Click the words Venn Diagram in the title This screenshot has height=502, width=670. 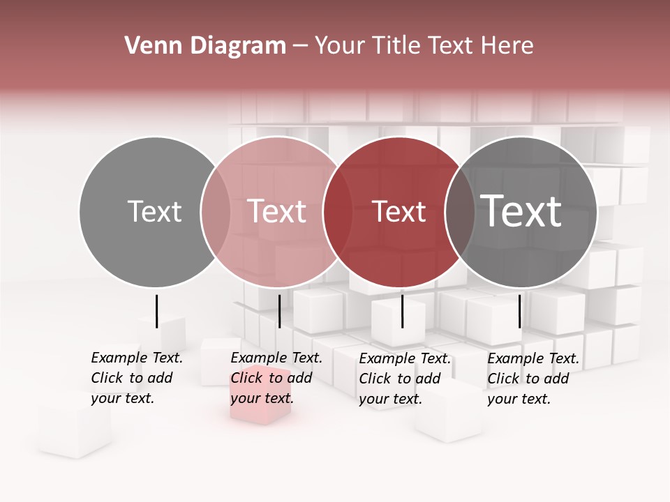[205, 46]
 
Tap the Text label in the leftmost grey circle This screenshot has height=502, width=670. [154, 211]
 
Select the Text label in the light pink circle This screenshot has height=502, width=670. [276, 211]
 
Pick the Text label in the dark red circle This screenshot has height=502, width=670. [399, 211]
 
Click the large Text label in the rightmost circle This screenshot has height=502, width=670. [521, 211]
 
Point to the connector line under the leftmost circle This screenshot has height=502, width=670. [156, 311]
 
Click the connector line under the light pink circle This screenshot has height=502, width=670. [279, 311]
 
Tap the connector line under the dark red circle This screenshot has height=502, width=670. [402, 311]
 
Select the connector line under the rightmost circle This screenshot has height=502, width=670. [519, 311]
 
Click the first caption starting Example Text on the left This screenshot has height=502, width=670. [136, 378]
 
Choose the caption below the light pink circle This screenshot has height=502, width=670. [276, 378]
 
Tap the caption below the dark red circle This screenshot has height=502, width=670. [404, 379]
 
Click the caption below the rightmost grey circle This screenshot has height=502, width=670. [533, 379]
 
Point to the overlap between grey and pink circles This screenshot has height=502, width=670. [216, 212]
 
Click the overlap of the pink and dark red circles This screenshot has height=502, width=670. [338, 212]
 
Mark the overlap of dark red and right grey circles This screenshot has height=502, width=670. [460, 212]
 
